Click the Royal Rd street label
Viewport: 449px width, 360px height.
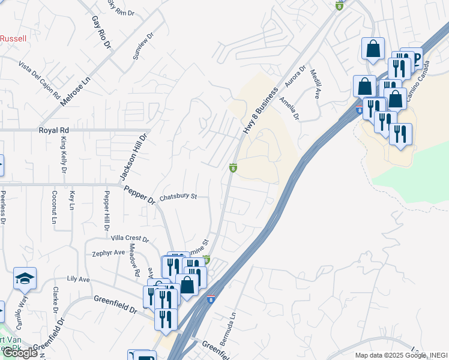[x=54, y=130]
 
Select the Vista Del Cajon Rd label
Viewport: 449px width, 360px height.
[x=40, y=80]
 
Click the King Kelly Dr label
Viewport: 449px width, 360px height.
[x=63, y=155]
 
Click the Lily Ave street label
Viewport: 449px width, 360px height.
[x=78, y=280]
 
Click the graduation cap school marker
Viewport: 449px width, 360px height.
[x=25, y=278]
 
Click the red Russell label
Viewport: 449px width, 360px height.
[x=13, y=38]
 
